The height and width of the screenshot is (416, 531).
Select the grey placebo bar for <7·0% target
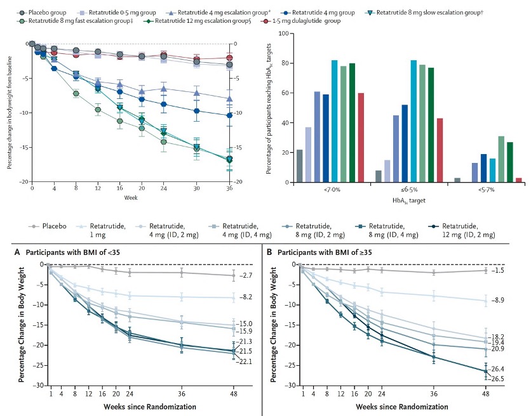[x=300, y=166]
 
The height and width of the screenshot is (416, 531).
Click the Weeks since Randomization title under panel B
[x=389, y=405]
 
